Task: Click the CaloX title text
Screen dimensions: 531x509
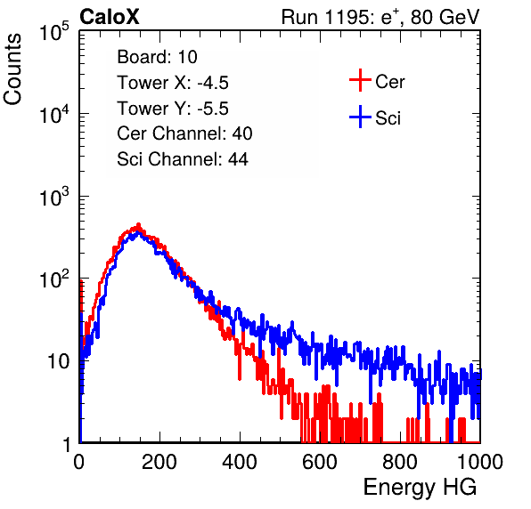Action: click(109, 17)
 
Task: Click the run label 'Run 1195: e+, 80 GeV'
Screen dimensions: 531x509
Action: click(380, 17)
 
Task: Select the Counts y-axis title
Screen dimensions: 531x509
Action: click(12, 69)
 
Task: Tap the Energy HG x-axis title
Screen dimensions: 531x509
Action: click(420, 488)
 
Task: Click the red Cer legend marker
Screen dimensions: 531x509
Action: click(360, 80)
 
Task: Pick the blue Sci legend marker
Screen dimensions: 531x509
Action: click(360, 117)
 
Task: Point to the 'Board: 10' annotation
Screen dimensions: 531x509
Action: click(157, 57)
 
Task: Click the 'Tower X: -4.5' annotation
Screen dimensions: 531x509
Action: click(173, 83)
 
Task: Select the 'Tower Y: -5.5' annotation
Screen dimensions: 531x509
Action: click(173, 109)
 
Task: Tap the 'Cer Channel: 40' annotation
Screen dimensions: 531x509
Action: click(184, 133)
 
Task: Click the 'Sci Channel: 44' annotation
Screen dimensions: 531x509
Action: click(183, 158)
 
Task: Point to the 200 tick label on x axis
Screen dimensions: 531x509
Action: click(159, 462)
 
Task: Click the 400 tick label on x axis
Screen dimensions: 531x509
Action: click(240, 462)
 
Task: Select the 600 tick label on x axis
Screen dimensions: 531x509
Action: click(320, 462)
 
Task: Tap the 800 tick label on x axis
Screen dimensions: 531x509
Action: click(400, 462)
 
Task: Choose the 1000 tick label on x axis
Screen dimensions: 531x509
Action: click(480, 462)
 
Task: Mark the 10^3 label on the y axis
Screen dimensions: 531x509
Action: click(54, 197)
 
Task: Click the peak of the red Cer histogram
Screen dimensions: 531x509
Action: click(138, 224)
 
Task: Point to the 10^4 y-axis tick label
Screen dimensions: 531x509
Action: click(54, 114)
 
